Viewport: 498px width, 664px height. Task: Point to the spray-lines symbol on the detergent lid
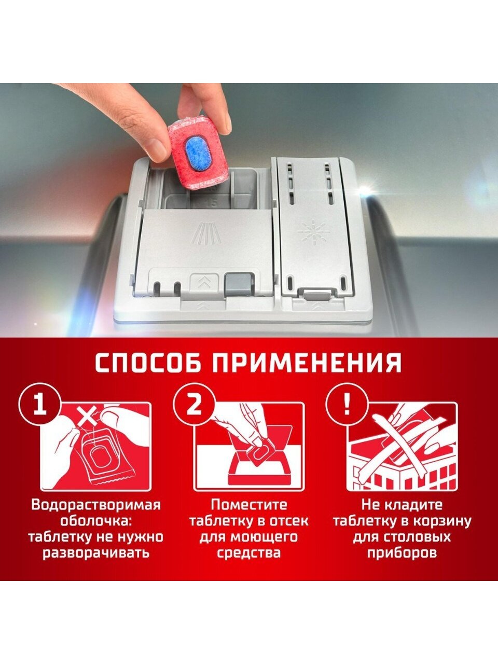pos(205,233)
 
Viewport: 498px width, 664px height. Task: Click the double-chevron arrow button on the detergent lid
pos(204,282)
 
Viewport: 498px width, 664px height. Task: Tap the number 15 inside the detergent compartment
pos(213,203)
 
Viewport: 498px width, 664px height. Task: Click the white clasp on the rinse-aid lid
pos(316,294)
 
